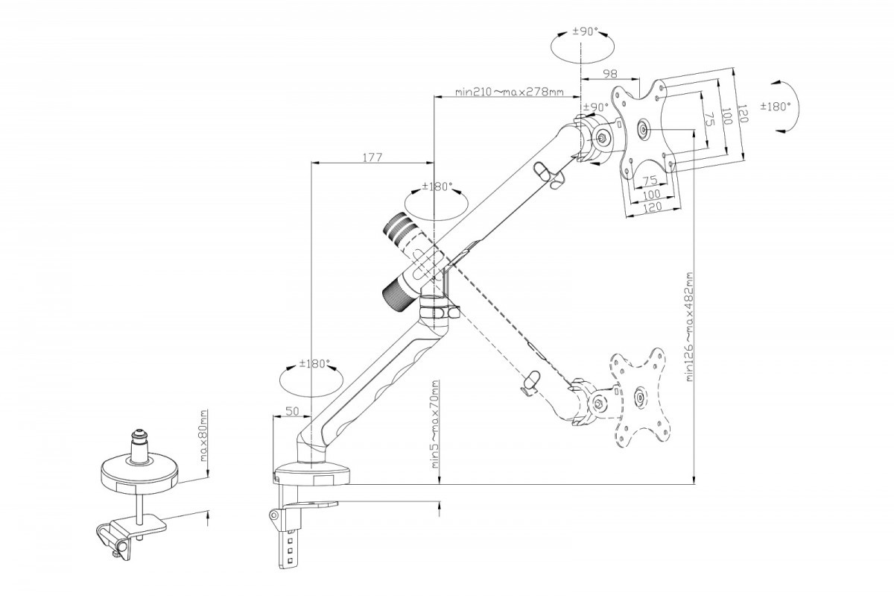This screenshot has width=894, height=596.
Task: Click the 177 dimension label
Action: pos(372,157)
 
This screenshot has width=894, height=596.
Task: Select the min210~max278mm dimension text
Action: pos(510,92)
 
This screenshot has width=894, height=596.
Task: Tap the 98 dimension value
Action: pos(610,73)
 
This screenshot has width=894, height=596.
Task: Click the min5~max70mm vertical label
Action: pos(434,424)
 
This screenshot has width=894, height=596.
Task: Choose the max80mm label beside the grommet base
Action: pos(203,436)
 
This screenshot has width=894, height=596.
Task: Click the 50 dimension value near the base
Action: pos(293,411)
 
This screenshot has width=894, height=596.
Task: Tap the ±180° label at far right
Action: pos(775,107)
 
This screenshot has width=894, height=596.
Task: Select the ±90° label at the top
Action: pos(585,31)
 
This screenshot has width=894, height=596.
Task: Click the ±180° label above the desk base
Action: pos(315,364)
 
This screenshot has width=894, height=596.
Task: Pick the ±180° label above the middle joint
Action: pos(437,186)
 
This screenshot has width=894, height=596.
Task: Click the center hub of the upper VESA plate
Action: pos(644,130)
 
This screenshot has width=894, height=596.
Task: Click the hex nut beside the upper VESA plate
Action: pos(602,137)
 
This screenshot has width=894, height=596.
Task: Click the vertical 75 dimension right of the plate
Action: pos(708,119)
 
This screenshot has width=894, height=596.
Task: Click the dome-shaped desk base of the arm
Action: pos(312,474)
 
